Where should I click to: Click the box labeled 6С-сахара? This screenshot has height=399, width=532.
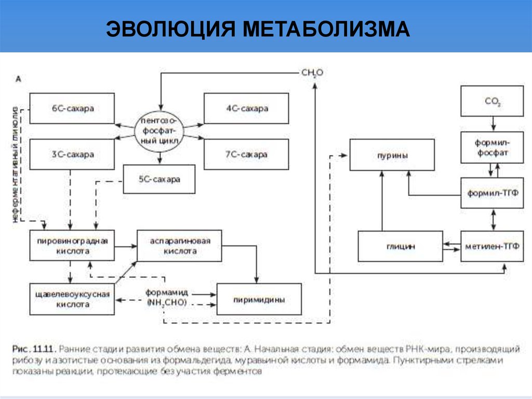[72, 109]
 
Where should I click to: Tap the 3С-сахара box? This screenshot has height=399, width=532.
[72, 155]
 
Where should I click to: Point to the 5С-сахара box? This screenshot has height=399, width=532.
[159, 179]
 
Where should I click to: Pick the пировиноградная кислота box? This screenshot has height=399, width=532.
[72, 246]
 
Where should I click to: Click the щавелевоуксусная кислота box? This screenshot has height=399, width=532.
[72, 299]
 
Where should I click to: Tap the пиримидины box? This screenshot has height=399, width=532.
[259, 299]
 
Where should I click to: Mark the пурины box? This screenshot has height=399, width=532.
[392, 155]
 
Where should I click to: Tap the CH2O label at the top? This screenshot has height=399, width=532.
[312, 73]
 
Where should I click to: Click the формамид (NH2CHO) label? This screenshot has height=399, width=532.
[166, 298]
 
